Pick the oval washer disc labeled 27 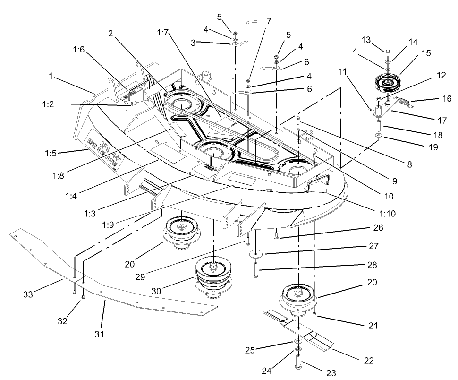click(257, 254)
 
